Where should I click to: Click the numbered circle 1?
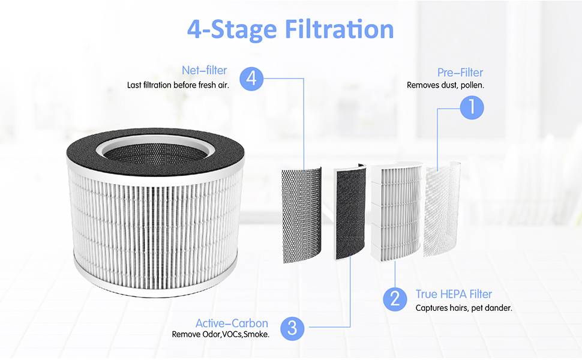coord(472,107)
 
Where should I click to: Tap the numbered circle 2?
coord(395,299)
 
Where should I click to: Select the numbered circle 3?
coord(292,328)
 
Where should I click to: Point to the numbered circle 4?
coord(251,79)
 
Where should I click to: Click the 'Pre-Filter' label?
coord(460,73)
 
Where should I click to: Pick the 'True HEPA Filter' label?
coord(454,294)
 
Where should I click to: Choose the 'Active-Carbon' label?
coord(232,323)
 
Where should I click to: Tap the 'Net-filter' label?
coord(204,70)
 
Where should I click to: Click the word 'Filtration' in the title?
coord(339,29)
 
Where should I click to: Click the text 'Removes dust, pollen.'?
coord(445,85)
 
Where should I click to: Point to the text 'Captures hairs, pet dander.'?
coord(464,308)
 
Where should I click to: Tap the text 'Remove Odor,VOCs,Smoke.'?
coord(220,334)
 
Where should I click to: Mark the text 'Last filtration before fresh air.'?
coord(178,85)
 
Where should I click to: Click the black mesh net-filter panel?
coord(301,215)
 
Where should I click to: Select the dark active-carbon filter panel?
coord(350,212)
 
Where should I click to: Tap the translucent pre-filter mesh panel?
coord(442,209)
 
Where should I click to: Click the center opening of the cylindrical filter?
coord(155,153)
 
